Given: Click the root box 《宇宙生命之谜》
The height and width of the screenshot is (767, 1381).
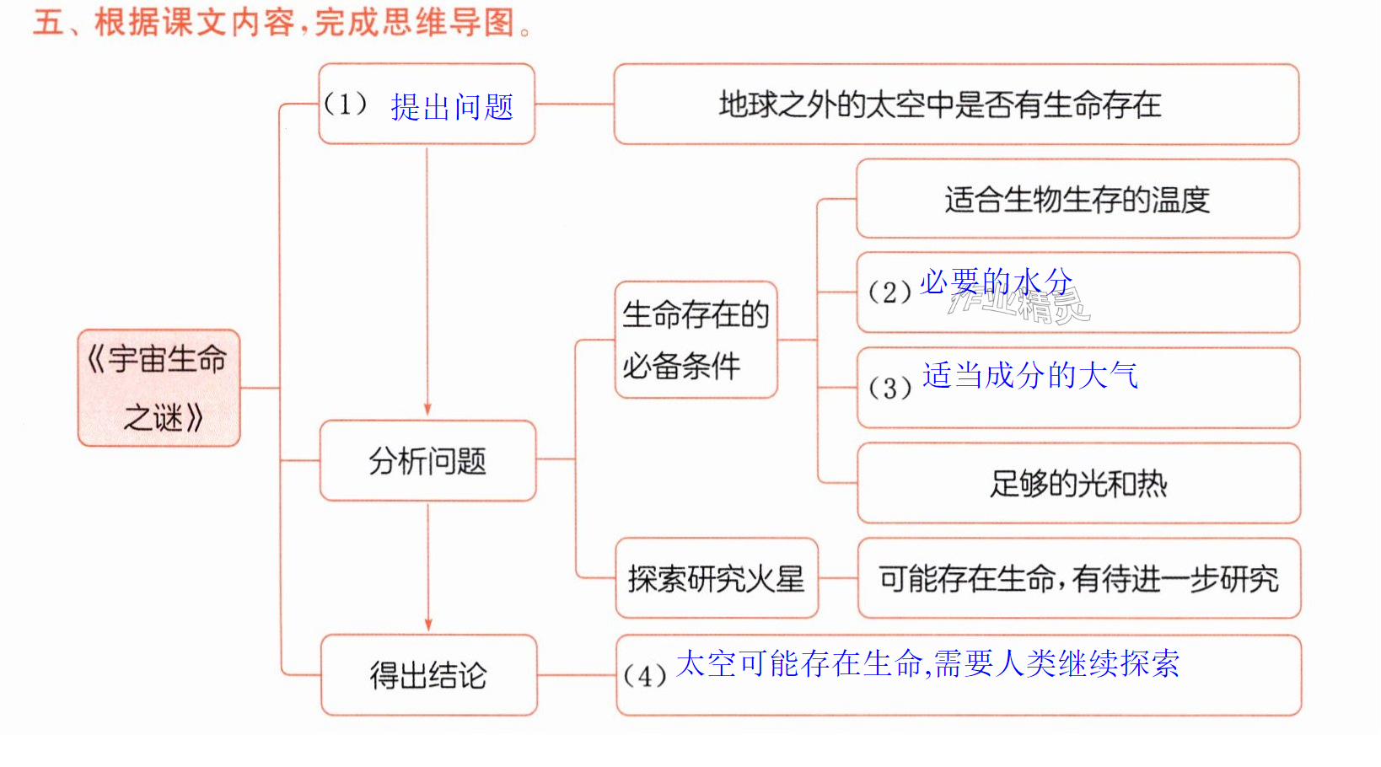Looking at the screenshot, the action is click(159, 388).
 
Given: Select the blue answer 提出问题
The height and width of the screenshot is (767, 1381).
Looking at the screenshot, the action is click(452, 107).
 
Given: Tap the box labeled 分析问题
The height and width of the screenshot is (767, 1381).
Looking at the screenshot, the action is click(427, 460).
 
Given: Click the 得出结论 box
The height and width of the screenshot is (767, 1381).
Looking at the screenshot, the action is click(429, 675).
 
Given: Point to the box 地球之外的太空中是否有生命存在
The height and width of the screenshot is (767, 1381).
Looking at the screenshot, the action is click(956, 105).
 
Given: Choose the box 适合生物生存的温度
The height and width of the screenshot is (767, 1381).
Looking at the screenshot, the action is click(1078, 199).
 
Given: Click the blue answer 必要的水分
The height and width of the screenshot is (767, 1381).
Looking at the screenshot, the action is click(997, 282).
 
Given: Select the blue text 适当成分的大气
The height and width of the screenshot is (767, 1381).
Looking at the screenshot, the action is click(1030, 375).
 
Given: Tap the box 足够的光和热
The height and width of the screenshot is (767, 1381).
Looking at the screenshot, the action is click(1079, 483).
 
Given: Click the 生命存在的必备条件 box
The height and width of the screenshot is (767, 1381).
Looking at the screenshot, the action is click(696, 340).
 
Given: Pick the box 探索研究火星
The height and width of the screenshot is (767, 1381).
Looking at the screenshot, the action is click(717, 577).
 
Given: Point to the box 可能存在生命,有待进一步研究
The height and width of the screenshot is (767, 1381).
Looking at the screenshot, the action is click(1079, 577).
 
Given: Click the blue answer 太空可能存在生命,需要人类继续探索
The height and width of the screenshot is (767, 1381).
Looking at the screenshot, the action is click(928, 663).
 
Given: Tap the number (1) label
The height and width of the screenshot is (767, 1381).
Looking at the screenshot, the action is click(346, 104).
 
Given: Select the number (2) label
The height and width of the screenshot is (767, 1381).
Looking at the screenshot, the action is click(889, 292).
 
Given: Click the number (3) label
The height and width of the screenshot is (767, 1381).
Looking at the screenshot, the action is click(889, 388).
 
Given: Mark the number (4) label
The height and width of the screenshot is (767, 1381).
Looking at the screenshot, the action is click(645, 676).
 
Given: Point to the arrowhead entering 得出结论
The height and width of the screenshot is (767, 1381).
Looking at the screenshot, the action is click(428, 625).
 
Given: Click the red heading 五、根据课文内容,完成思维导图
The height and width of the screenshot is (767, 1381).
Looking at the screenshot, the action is click(283, 23).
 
